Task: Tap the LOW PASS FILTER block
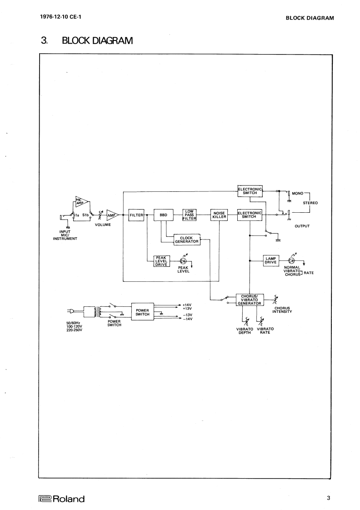click(x=189, y=215)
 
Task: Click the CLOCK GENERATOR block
click(x=186, y=240)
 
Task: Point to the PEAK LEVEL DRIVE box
click(x=162, y=261)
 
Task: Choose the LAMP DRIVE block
click(x=271, y=260)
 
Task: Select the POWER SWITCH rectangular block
click(x=143, y=312)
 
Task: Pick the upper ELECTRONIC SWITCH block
click(x=250, y=191)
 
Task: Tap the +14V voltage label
click(x=187, y=305)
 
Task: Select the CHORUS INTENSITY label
click(x=282, y=310)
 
